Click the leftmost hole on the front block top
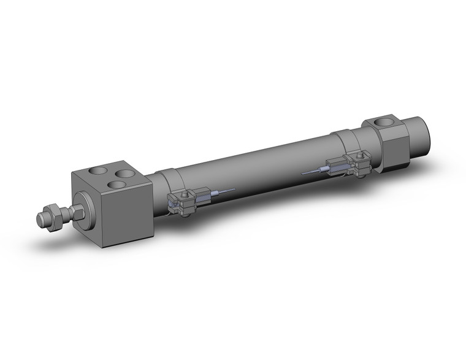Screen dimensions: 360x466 [97, 172]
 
